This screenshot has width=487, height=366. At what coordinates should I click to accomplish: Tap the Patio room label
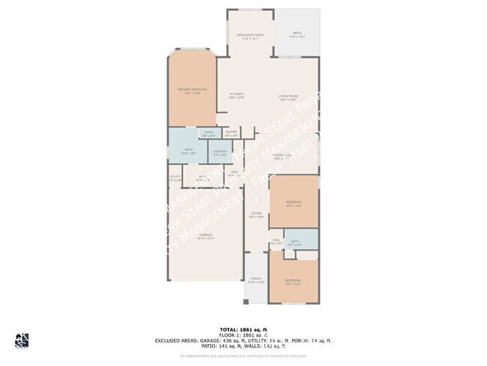click(x=297, y=34)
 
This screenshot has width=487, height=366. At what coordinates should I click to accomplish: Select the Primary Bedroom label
click(x=192, y=91)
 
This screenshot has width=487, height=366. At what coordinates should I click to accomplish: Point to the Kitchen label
click(x=237, y=96)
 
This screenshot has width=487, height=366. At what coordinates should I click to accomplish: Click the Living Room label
click(x=288, y=96)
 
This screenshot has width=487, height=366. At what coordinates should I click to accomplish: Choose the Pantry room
click(x=231, y=133)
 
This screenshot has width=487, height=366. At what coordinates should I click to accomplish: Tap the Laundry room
click(x=220, y=154)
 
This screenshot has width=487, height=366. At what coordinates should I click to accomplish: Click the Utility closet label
click(x=175, y=178)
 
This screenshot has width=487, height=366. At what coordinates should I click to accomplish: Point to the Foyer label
click(x=256, y=215)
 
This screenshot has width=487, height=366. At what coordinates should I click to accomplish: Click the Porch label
click(x=255, y=280)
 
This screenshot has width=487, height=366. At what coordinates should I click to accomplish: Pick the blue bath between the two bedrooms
click(x=295, y=242)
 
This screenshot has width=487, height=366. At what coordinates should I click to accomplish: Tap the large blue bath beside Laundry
click(x=189, y=151)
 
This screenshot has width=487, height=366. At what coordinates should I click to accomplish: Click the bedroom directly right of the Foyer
click(x=294, y=203)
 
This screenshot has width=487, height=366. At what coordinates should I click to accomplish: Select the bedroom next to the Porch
click(x=293, y=282)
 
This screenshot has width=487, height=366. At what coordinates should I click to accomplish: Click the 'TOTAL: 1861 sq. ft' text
click(x=243, y=329)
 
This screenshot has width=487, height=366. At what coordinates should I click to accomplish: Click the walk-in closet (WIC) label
click(x=202, y=178)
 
